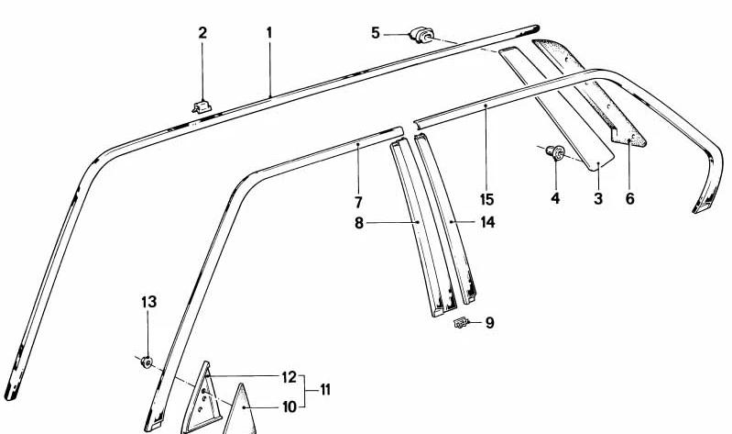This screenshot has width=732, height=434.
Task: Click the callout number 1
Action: [269, 33]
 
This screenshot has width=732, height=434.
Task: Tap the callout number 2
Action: [202, 33]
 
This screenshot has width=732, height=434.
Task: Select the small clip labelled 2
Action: [202, 106]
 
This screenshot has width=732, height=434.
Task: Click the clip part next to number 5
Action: [422, 35]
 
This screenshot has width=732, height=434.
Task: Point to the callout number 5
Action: [376, 33]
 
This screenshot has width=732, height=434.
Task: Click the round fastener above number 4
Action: [555, 152]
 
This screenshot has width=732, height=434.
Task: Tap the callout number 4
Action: [555, 198]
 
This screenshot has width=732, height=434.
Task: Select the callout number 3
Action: [598, 198]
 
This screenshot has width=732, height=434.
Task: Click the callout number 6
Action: [630, 198]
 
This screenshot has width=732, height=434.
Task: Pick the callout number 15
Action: [486, 199]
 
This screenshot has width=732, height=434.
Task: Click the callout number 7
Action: [358, 202]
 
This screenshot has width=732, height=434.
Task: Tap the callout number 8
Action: [358, 223]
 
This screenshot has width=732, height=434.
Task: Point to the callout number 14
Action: [487, 222]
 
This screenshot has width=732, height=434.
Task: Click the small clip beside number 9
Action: [461, 322]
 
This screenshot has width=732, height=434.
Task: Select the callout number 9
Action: [490, 323]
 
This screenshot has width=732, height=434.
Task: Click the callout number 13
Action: [149, 302]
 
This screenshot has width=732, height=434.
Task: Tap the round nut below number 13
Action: [147, 362]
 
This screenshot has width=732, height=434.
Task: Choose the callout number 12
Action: [290, 376]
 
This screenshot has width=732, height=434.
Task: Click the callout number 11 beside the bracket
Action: [325, 390]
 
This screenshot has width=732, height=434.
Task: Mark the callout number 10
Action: [290, 406]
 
